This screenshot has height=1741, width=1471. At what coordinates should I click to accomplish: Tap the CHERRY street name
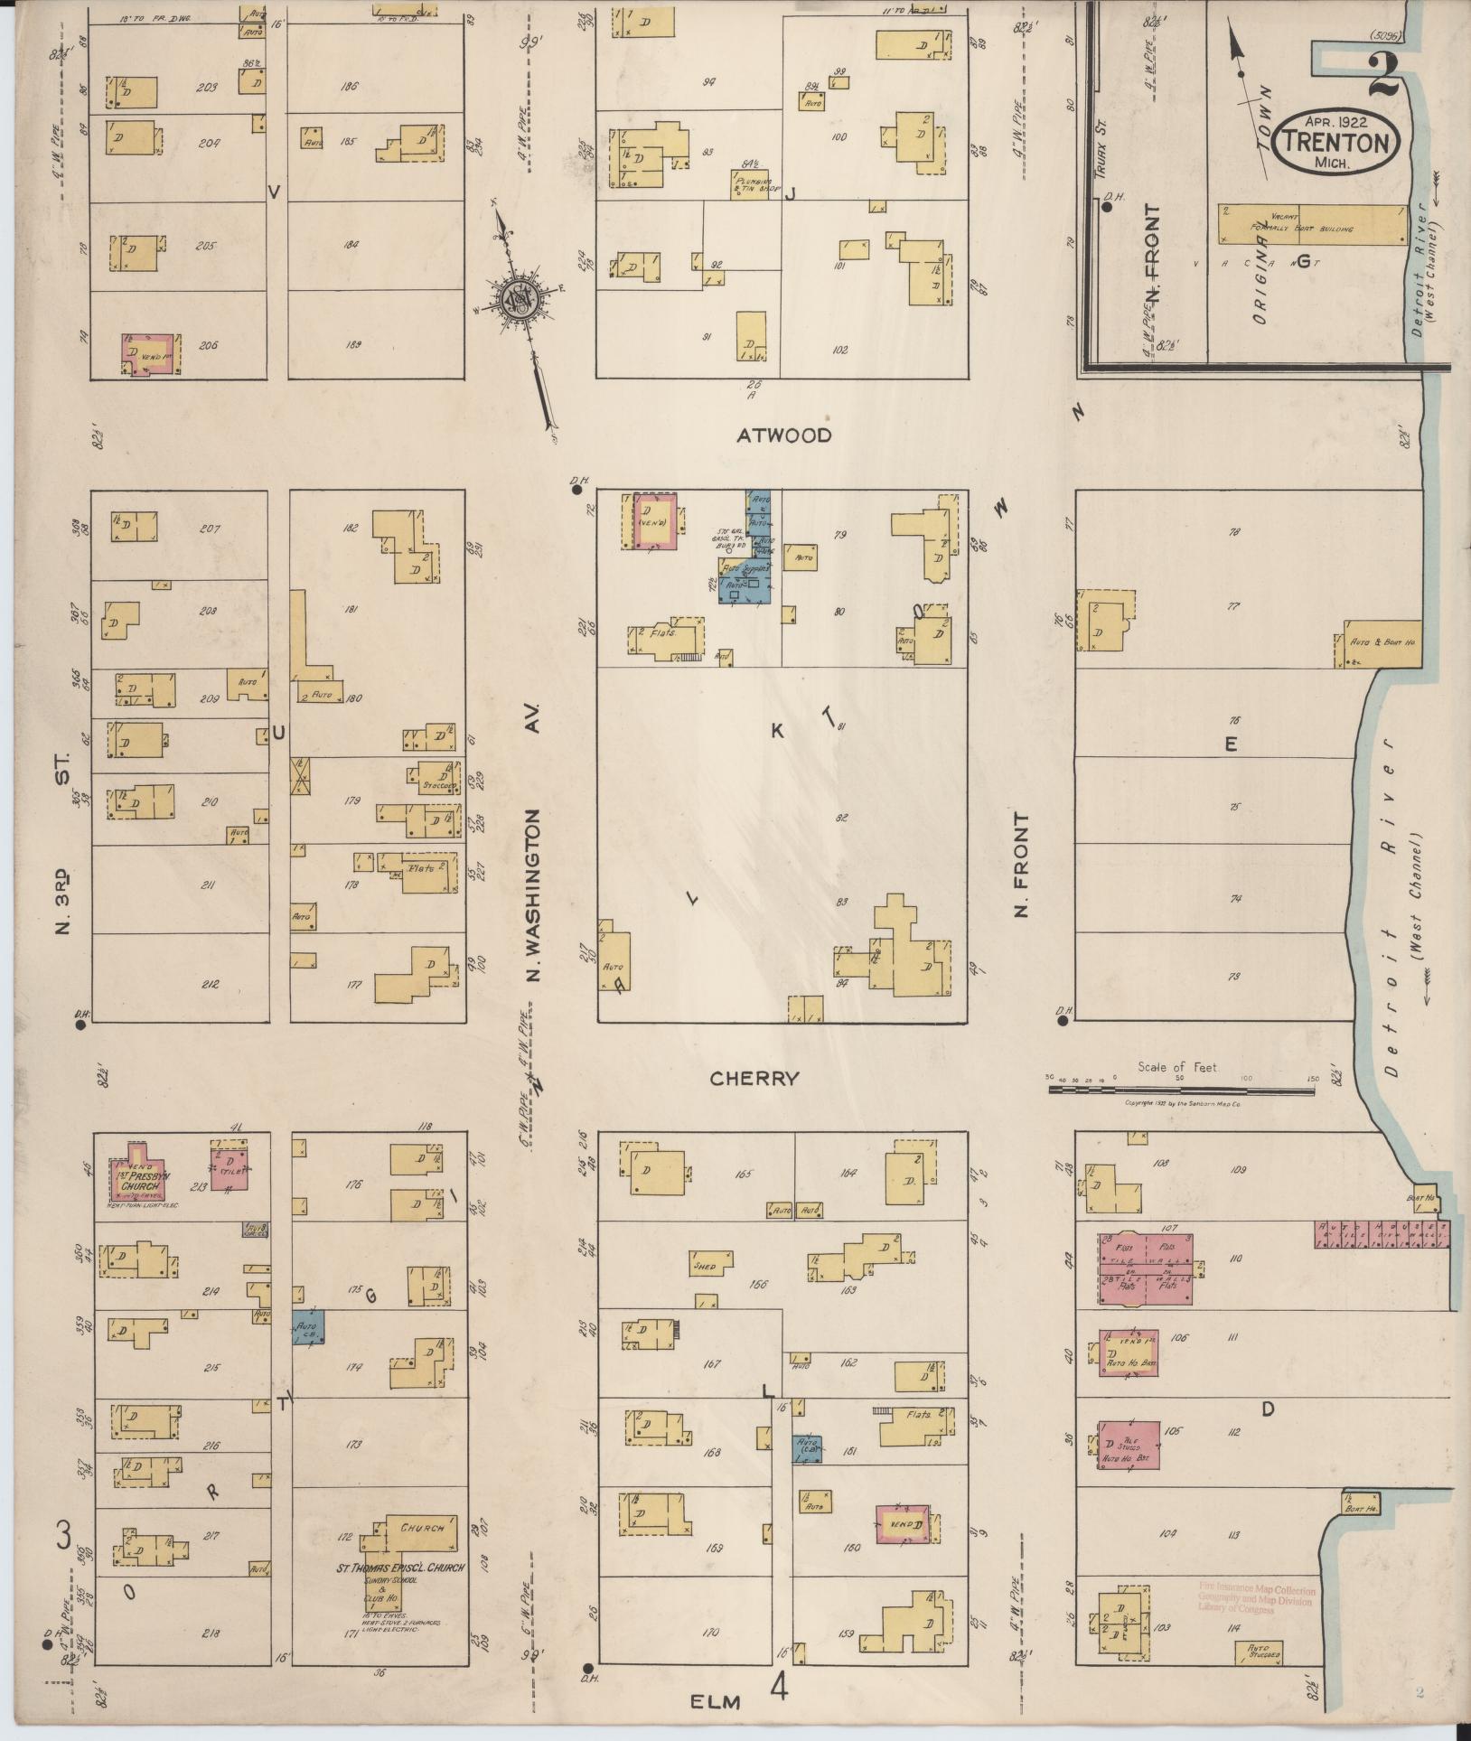coord(754,1078)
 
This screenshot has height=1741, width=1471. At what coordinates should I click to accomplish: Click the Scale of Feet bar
coord(1181,1090)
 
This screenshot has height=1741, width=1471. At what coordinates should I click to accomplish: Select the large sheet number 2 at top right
coord(1383,77)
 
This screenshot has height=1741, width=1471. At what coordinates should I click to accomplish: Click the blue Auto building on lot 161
coord(807,1448)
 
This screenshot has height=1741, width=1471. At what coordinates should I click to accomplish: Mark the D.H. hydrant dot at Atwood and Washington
coord(576,492)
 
